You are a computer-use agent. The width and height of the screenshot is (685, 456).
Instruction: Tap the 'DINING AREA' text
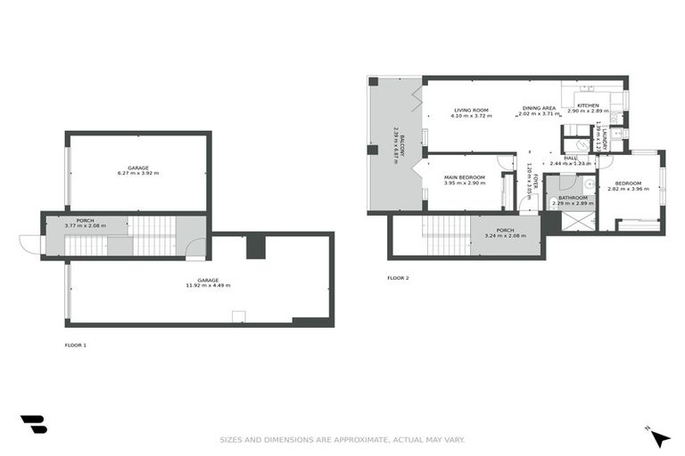click(x=539, y=108)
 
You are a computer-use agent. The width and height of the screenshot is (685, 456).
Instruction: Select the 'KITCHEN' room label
click(x=588, y=106)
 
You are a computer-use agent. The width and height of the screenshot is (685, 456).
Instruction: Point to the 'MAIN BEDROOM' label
click(x=464, y=177)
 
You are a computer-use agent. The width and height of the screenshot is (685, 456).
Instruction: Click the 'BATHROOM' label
click(x=573, y=198)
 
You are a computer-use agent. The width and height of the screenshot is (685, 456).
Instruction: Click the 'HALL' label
click(x=571, y=158)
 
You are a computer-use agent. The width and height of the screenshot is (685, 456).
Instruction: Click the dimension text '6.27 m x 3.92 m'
click(x=137, y=173)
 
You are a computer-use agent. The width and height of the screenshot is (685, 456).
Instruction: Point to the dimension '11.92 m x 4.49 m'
click(x=208, y=285)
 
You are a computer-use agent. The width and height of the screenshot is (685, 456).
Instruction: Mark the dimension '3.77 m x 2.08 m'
click(x=85, y=226)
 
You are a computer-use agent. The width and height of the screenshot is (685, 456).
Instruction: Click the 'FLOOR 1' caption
click(x=76, y=344)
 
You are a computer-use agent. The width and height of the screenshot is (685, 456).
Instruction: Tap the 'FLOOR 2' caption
click(x=398, y=278)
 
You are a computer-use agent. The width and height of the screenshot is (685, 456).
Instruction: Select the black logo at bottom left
click(x=34, y=425)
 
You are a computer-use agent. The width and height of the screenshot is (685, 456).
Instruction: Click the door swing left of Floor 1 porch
click(x=29, y=244)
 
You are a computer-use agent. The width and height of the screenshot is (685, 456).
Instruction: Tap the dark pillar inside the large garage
click(x=255, y=245)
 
